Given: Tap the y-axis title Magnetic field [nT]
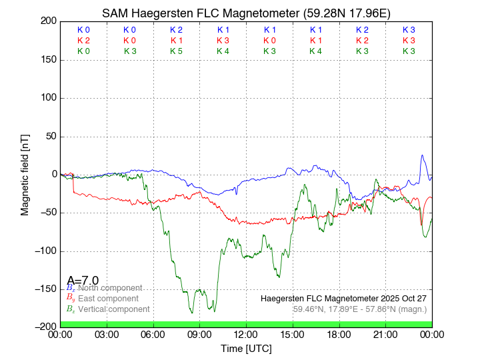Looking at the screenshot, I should pyautogui.click(x=25, y=173).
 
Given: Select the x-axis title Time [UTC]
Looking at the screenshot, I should pyautogui.click(x=246, y=349).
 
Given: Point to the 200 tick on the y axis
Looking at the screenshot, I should pyautogui.click(x=49, y=21).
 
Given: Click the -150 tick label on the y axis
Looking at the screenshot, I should pyautogui.click(x=45, y=289).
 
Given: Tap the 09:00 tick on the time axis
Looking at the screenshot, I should pyautogui.click(x=199, y=335).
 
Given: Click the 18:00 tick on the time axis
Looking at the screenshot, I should pyautogui.click(x=339, y=335).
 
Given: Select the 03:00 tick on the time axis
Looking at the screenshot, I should pyautogui.click(x=107, y=335).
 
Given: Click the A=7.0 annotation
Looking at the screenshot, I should pyautogui.click(x=83, y=281).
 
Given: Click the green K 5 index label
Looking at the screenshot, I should pyautogui.click(x=176, y=51).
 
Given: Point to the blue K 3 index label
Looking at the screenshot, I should pyautogui.click(x=409, y=30).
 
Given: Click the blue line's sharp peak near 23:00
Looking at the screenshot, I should pyautogui.click(x=422, y=155).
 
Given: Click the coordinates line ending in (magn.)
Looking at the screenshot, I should pyautogui.click(x=359, y=309).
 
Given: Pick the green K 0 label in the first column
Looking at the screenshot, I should pyautogui.click(x=83, y=51).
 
